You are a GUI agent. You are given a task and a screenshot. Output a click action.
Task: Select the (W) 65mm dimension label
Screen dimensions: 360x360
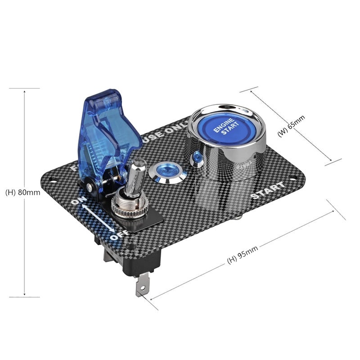291,126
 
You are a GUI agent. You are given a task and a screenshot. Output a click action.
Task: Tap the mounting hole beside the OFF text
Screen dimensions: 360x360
130,247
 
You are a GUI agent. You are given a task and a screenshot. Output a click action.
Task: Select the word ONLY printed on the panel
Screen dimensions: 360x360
173,129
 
